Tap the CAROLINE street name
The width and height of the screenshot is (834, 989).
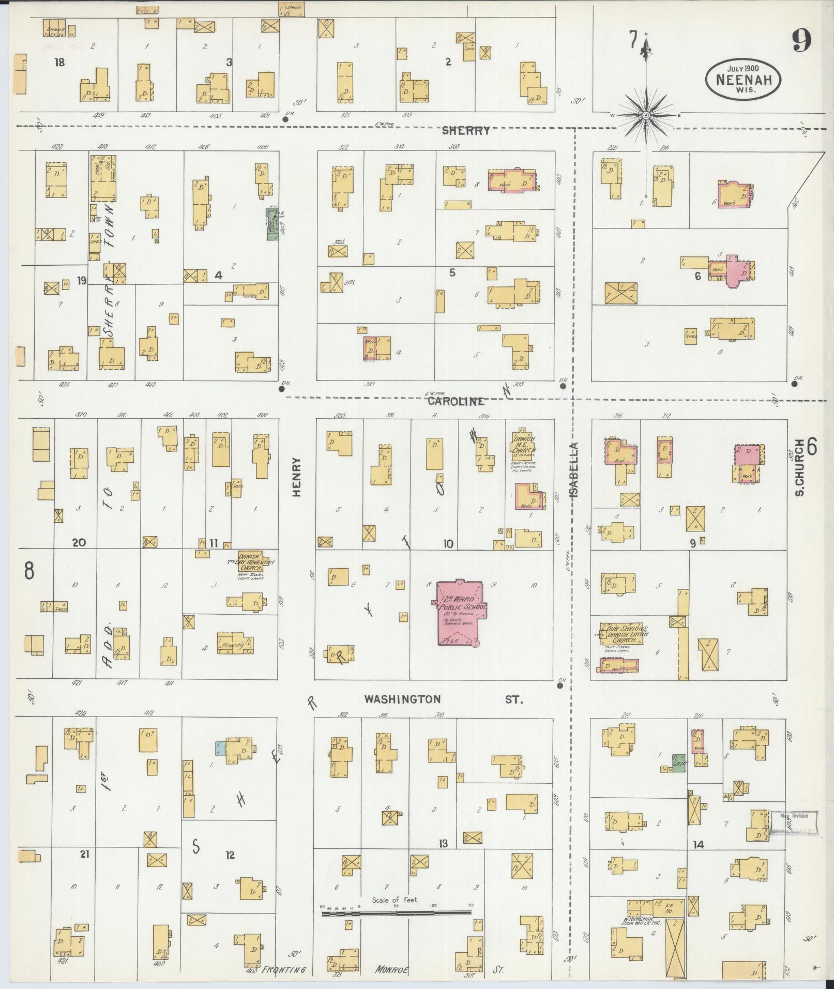pos(456,401)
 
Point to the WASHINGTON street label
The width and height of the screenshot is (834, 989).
pos(403,699)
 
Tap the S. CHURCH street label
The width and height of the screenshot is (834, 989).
pos(799,467)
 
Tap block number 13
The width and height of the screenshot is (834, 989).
pos(443,844)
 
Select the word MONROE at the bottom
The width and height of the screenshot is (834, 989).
pos(392,970)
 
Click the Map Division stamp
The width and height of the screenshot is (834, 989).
pos(794,830)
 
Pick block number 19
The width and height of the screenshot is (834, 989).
pos(81,281)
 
